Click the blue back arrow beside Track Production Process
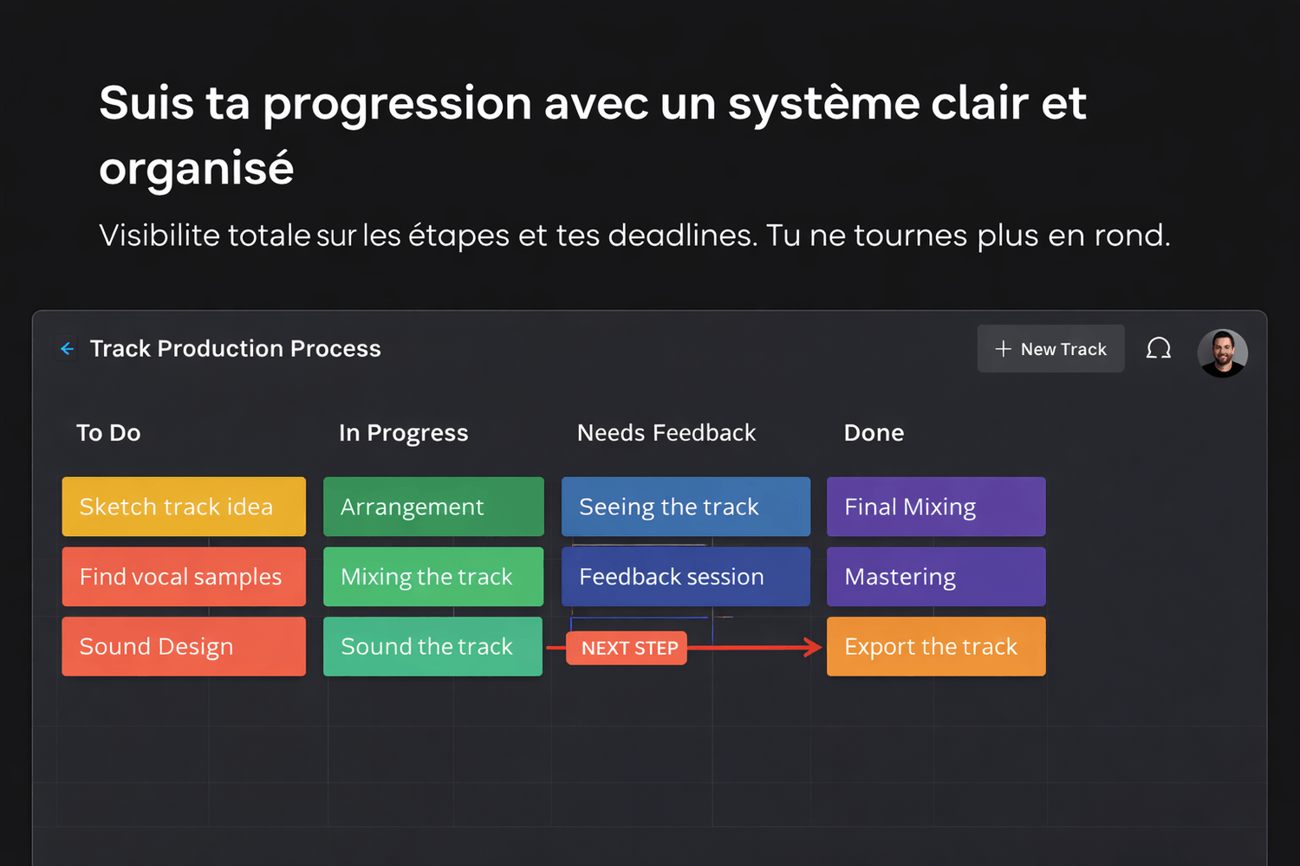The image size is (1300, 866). coord(67,349)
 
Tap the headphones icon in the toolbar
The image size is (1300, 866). coord(1158,349)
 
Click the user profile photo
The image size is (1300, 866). coord(1222,352)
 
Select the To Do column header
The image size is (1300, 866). coord(108,433)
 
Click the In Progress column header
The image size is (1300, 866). coord(403,433)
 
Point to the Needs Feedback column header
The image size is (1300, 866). coord(666,433)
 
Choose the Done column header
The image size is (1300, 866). coord(874,433)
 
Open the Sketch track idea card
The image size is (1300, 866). coord(184,507)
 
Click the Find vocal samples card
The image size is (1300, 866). coord(184,577)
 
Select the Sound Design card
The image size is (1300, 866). coord(184,646)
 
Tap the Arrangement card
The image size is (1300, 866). coord(433,507)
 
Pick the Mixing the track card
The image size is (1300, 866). coord(433,577)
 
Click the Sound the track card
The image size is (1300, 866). coord(433,646)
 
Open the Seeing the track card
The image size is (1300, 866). coord(686,507)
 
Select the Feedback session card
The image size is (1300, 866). coord(686,577)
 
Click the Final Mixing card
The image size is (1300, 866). coord(936,507)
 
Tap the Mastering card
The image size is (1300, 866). coord(936,577)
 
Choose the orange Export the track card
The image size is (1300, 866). coord(936,646)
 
